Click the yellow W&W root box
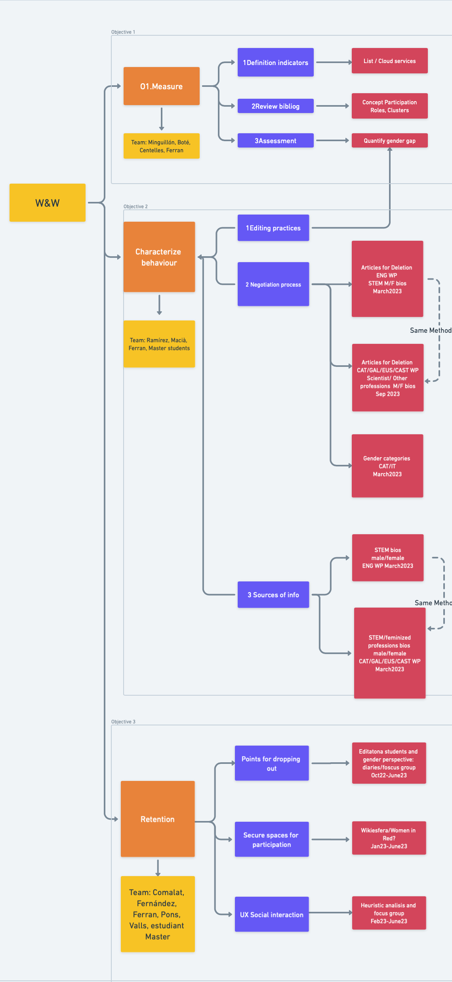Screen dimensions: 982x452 48,203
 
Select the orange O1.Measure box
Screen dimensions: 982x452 161,86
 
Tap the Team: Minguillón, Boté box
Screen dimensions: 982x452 161,146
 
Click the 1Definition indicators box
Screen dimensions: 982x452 275,62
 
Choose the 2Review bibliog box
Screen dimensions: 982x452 275,106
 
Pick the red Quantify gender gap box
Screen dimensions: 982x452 389,140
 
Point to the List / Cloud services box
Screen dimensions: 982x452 389,61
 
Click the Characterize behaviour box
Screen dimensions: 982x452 159,257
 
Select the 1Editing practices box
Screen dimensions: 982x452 273,228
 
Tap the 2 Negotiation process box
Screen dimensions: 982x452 273,284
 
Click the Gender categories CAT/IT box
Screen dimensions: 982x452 387,466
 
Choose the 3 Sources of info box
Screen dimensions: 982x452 273,595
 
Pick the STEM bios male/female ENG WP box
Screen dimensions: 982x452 387,558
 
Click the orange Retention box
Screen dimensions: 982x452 157,819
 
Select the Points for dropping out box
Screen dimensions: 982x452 271,763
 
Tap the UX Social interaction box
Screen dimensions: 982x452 271,914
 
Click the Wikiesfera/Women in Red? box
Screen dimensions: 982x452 389,838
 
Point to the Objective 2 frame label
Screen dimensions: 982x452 135,207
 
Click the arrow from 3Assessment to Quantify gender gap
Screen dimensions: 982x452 332,140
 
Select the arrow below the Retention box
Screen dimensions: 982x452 158,868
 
